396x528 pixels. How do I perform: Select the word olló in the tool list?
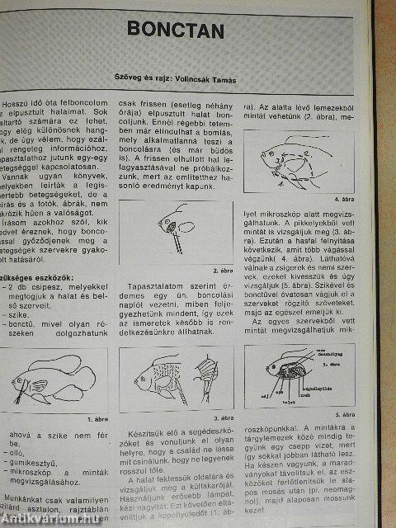click(x=18, y=453)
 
